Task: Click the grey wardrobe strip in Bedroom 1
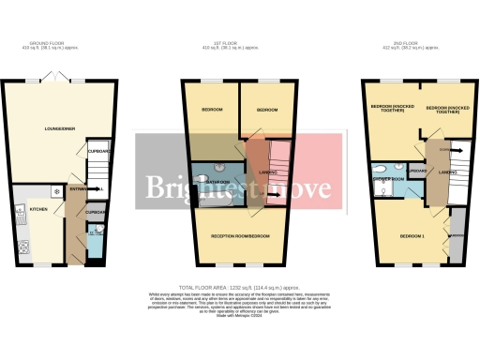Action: [458, 234]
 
